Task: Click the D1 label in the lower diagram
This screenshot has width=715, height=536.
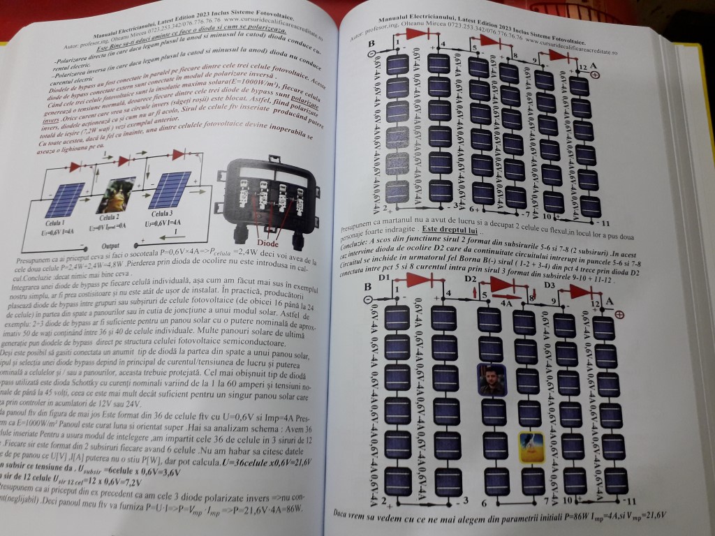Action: click(383, 278)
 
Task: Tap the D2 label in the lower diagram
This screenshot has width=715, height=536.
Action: click(471, 280)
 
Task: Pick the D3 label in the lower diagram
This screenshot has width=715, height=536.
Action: click(550, 285)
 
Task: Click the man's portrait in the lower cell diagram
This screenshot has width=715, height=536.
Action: click(492, 379)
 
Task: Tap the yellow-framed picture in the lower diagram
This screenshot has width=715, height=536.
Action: click(531, 447)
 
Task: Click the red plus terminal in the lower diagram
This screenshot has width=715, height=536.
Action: click(619, 315)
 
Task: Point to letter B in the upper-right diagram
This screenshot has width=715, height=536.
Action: click(371, 44)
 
